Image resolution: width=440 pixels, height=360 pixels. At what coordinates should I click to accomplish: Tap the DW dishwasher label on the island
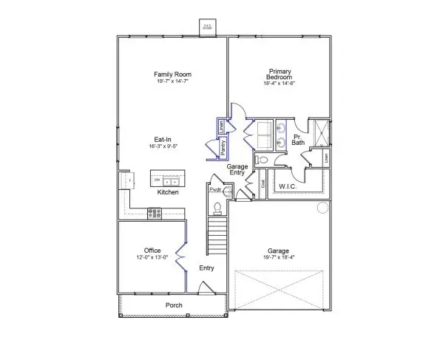[157, 180]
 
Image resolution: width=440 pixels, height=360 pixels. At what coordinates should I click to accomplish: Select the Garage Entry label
[237, 170]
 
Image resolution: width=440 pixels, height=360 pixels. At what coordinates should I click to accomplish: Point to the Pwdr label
[215, 190]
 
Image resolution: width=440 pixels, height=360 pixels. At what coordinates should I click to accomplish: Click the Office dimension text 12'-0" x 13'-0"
[152, 257]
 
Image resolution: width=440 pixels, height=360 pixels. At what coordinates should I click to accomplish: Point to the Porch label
[173, 305]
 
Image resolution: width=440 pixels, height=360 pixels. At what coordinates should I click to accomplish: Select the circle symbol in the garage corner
[322, 208]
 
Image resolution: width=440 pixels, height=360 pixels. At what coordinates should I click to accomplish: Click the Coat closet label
[263, 185]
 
